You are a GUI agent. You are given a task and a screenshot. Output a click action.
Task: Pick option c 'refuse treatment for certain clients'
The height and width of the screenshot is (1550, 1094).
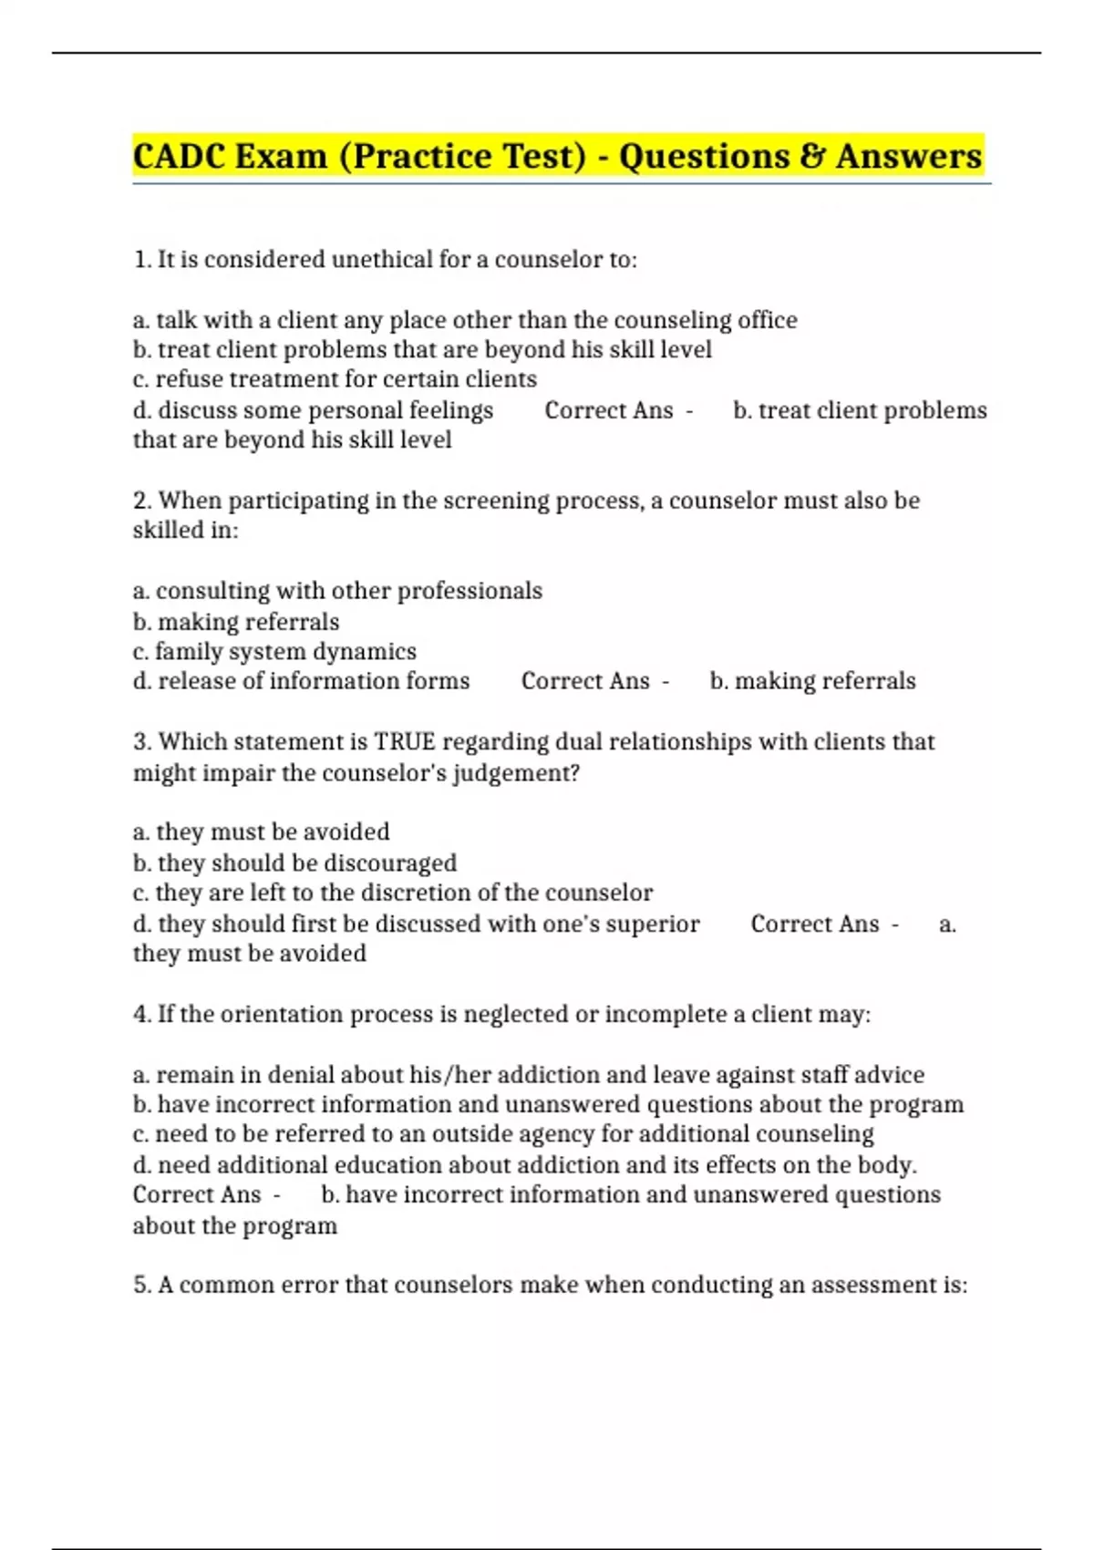click(x=335, y=379)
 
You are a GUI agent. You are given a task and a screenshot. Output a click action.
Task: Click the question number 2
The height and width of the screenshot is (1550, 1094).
click(x=141, y=501)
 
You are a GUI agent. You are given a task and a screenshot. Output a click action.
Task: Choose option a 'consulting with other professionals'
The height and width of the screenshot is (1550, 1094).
click(x=337, y=591)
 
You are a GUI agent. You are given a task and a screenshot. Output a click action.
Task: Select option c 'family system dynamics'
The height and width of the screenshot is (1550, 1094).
click(x=274, y=652)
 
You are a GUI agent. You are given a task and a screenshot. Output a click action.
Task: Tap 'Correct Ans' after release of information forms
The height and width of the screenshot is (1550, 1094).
click(x=585, y=681)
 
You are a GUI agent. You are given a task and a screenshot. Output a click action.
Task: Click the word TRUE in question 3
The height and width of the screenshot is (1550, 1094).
click(x=405, y=741)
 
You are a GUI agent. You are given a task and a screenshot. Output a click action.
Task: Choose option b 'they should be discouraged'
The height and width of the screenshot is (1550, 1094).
click(x=294, y=863)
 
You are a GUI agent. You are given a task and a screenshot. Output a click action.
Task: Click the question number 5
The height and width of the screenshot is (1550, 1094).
click(x=141, y=1285)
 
